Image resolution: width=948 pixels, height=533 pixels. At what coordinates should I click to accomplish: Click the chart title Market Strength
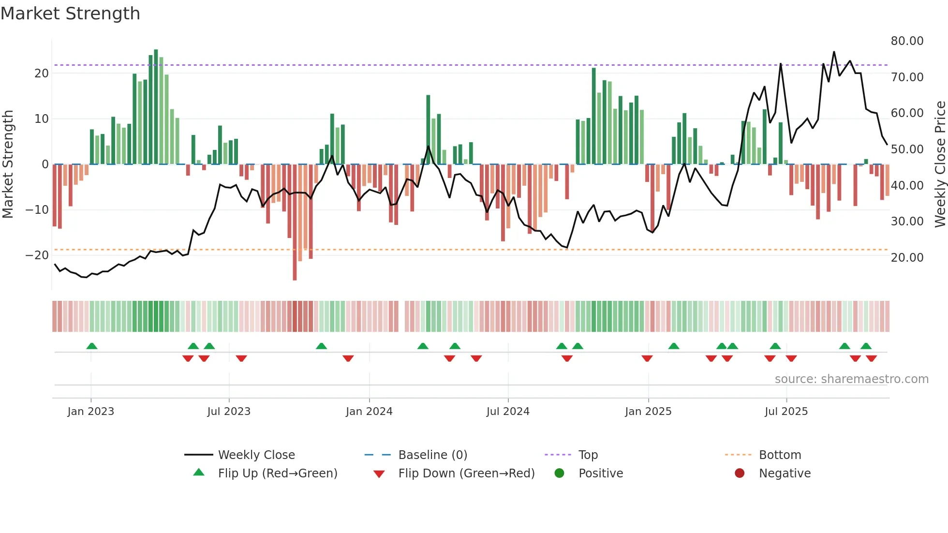pos(70,14)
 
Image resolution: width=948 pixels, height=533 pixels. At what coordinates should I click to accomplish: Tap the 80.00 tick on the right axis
pos(907,41)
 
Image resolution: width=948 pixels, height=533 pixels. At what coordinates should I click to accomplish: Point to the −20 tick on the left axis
pos(37,255)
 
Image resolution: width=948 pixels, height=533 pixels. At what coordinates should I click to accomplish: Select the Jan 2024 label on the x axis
pos(369,411)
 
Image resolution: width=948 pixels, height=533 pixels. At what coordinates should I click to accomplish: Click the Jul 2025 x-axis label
pos(786,411)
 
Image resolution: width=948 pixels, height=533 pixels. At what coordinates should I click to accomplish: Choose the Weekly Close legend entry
pos(256,455)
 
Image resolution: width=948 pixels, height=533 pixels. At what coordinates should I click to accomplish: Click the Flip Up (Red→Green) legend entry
pos(277,473)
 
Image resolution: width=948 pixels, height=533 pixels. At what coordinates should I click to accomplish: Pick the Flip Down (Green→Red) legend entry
pos(466,473)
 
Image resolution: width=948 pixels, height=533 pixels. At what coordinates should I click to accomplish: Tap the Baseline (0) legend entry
pos(432,455)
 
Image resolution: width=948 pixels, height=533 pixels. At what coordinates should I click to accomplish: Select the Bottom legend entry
pos(780,455)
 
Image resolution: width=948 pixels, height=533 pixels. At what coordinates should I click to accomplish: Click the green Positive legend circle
pos(560,473)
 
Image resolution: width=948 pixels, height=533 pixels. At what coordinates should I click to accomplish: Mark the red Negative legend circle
pos(740,473)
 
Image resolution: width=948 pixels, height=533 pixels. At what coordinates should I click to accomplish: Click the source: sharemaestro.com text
pos(851,379)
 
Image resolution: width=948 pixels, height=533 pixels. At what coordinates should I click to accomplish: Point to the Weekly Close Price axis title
pos(940,164)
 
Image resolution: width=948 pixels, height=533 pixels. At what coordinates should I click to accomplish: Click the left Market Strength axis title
pos(8,164)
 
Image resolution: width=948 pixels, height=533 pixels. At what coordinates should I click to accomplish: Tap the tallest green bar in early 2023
pos(156,106)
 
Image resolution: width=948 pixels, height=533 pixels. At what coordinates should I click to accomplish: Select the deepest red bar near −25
pos(295,222)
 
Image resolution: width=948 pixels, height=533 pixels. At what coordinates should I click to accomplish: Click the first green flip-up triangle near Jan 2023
pos(92,346)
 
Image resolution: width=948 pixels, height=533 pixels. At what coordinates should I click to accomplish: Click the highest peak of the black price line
pos(834,52)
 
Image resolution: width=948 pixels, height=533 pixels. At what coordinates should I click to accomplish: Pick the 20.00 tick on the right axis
pos(907,257)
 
